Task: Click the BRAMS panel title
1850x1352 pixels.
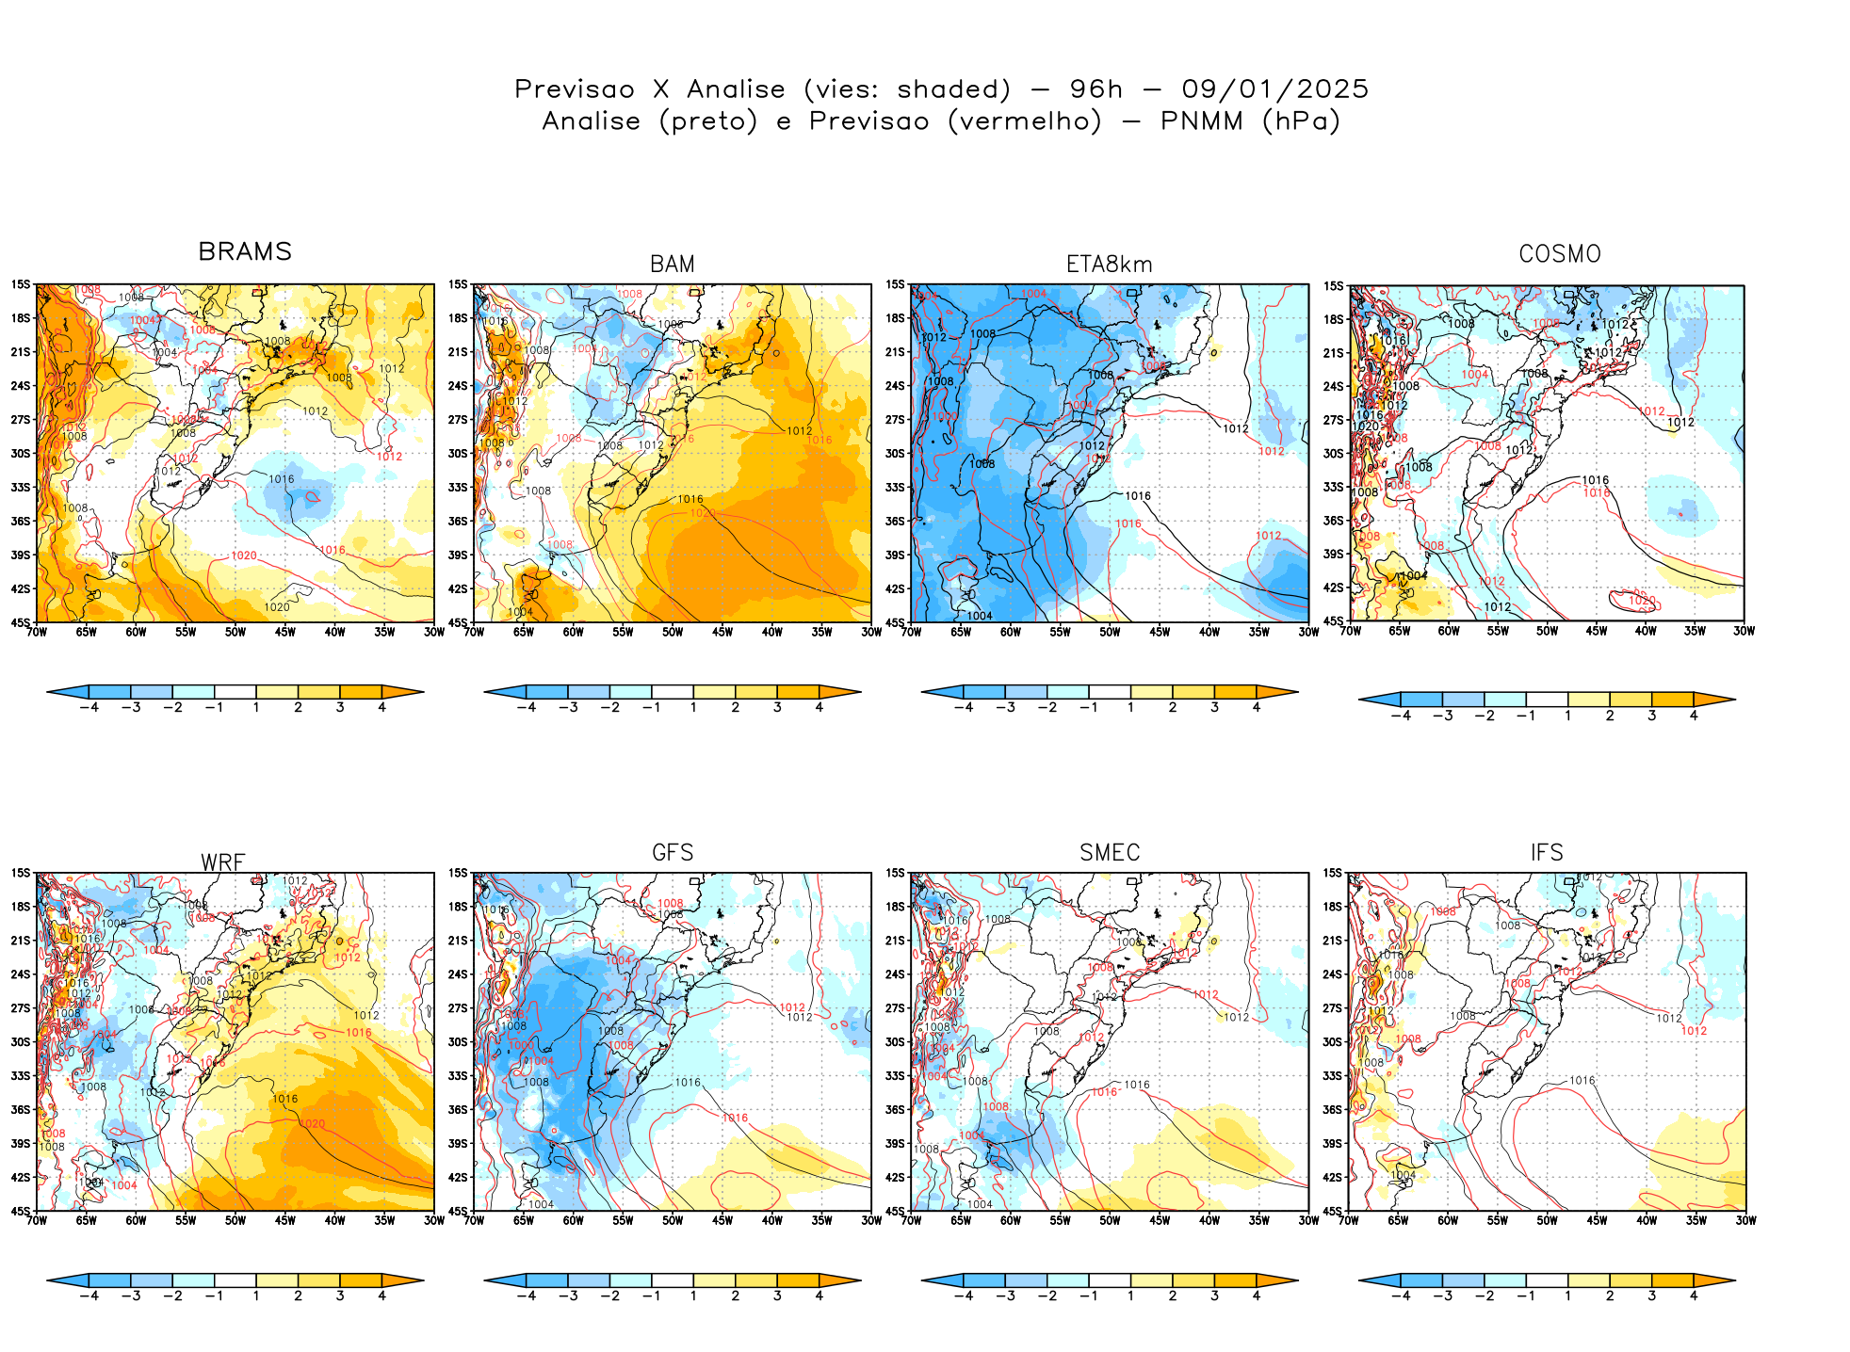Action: click(245, 251)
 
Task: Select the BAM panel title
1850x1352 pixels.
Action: click(673, 265)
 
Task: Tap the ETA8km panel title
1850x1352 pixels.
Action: click(1109, 265)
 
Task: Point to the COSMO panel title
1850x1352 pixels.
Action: click(1559, 254)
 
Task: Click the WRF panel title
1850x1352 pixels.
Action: click(223, 862)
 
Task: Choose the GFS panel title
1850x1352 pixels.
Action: click(673, 853)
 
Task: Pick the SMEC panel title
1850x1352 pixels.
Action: click(1110, 853)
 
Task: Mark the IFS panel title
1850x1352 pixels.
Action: click(1547, 853)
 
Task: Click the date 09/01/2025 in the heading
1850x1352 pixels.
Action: click(1274, 89)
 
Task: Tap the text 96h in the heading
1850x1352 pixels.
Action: click(1095, 89)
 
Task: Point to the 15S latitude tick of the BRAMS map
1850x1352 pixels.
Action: click(21, 284)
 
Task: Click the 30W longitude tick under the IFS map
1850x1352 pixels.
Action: click(1745, 1220)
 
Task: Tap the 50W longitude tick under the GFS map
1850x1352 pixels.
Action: click(673, 1220)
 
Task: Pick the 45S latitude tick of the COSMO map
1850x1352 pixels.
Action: click(1334, 621)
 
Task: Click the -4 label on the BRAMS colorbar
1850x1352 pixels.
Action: click(89, 707)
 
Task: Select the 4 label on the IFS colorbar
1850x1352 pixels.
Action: click(1694, 1296)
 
